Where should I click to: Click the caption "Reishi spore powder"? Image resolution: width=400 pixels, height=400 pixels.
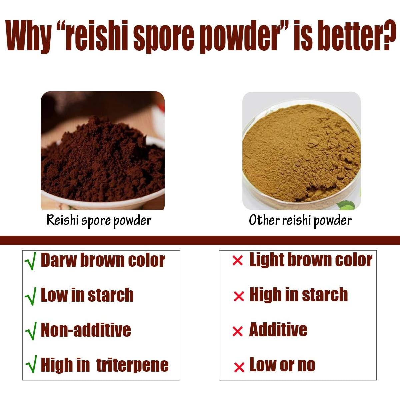tap(99, 220)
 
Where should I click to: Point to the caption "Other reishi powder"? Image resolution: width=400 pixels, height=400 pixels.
tap(300, 220)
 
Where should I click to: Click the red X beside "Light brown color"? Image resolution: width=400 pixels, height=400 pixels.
tap(237, 261)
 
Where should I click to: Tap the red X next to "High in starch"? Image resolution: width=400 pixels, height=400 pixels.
tap(239, 296)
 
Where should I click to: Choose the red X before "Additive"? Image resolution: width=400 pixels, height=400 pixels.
tap(237, 331)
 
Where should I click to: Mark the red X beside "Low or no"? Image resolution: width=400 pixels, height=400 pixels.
tap(239, 367)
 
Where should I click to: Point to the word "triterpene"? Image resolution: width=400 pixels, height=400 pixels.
tap(132, 365)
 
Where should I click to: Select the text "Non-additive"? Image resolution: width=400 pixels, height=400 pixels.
tap(86, 330)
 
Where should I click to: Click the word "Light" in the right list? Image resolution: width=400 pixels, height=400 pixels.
tap(266, 260)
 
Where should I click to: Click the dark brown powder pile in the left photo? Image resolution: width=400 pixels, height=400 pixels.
tap(100, 157)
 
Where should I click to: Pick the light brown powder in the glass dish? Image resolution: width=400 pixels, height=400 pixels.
tap(300, 150)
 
